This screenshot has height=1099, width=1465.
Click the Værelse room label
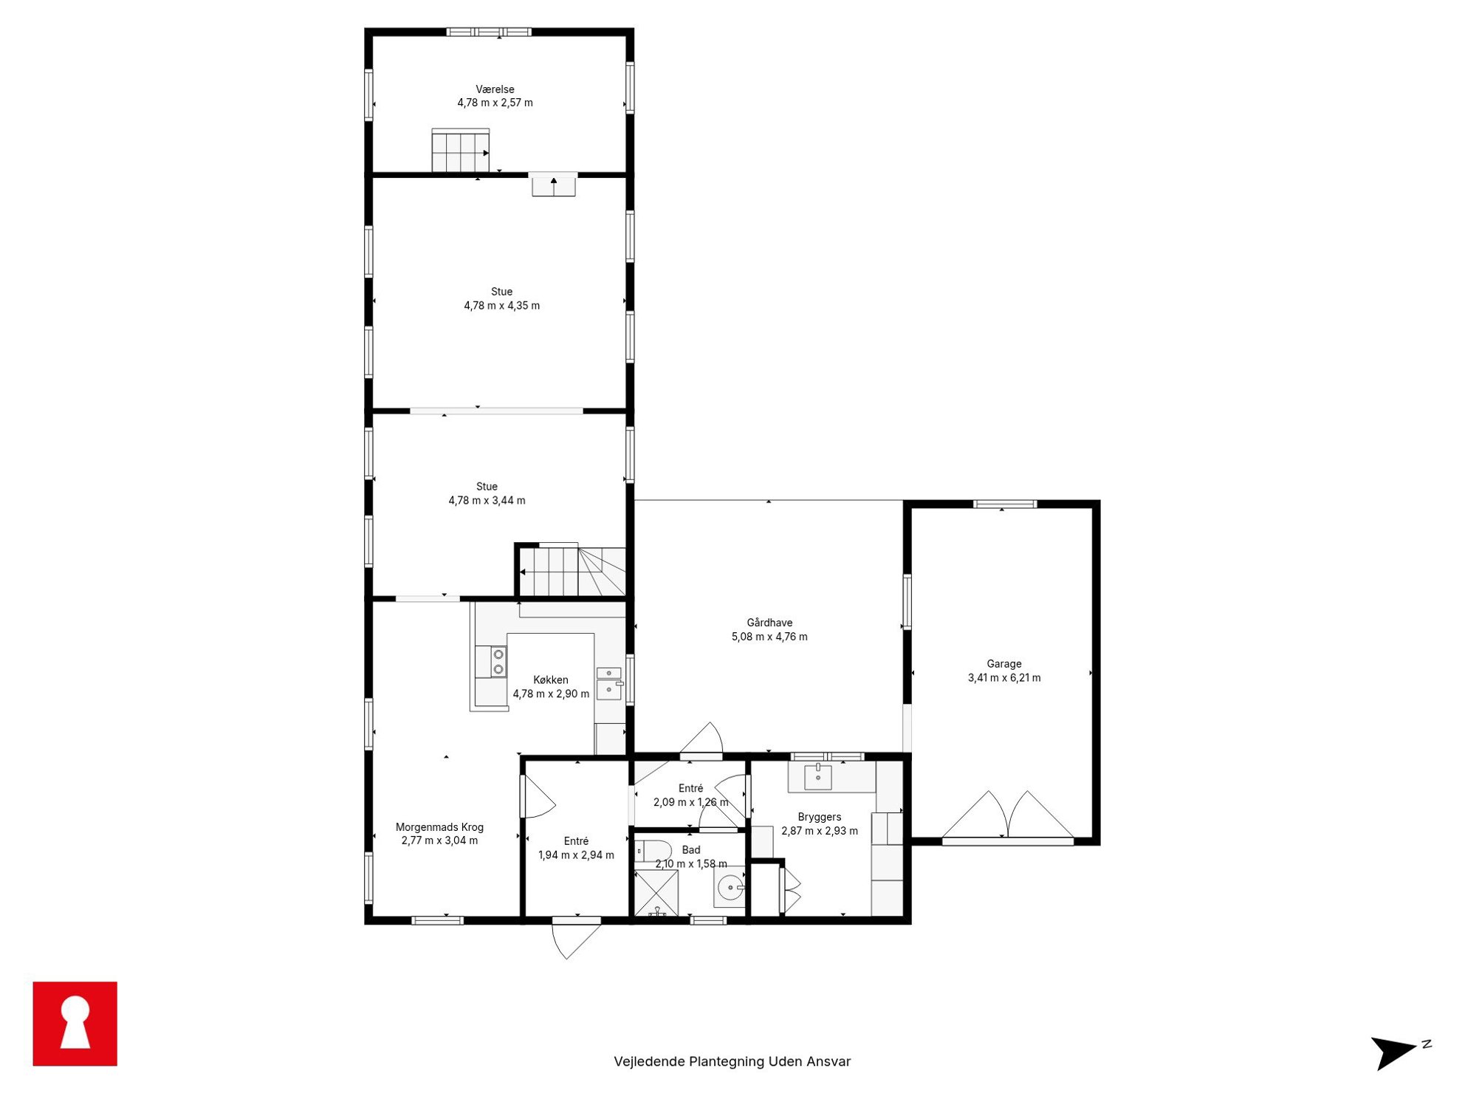click(x=495, y=89)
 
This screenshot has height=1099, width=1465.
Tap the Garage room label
click(x=1004, y=664)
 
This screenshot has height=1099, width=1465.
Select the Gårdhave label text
click(x=769, y=623)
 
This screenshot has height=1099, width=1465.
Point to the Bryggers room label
click(x=820, y=817)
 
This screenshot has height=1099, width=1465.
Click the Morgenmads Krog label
click(x=439, y=827)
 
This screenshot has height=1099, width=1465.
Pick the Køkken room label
click(x=551, y=680)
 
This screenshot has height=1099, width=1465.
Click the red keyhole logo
click(x=75, y=1024)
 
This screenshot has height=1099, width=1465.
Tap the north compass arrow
click(x=1395, y=1052)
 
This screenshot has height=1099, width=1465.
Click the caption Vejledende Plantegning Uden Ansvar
click(x=732, y=1061)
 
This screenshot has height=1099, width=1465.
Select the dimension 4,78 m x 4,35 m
click(x=502, y=306)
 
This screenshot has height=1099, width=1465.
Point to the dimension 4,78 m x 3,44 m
click(x=487, y=501)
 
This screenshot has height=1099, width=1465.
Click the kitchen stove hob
click(x=498, y=662)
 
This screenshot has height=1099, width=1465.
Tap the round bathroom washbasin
click(x=730, y=887)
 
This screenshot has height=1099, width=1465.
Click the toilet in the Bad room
click(x=653, y=851)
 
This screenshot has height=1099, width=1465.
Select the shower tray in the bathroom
click(x=656, y=894)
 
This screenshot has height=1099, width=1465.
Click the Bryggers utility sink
click(x=818, y=776)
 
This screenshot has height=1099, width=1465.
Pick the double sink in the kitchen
click(x=608, y=683)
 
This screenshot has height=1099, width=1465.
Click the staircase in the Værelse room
click(x=461, y=151)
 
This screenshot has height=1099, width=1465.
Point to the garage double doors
click(x=1008, y=815)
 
